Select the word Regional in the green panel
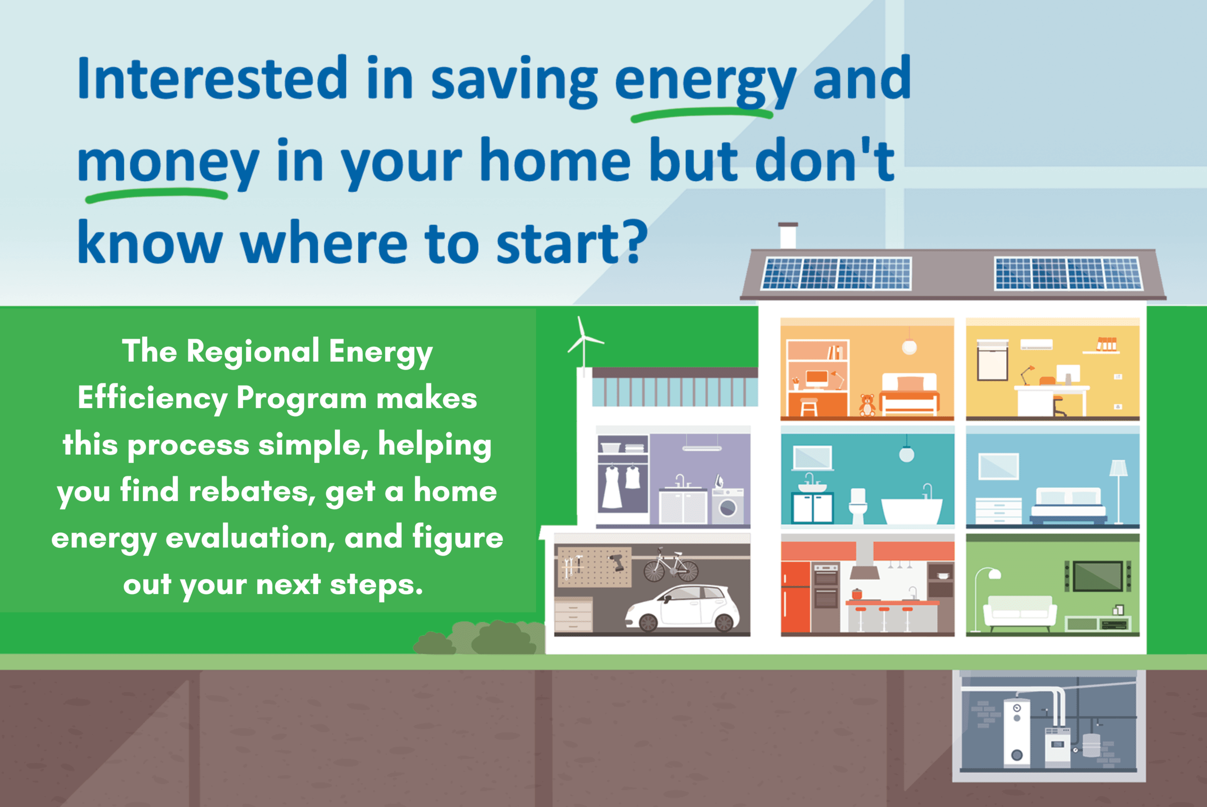pos(253,352)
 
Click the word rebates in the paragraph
pos(252,492)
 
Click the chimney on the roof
pos(788,236)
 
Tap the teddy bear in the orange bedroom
pos(867,405)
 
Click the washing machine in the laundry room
pos(727,507)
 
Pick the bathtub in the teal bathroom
pos(912,509)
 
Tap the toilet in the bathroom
pos(857,506)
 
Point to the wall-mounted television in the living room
pos(1097,576)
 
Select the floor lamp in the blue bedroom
pos(1118,492)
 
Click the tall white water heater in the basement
pos(1017,731)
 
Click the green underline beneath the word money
pos(156,195)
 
